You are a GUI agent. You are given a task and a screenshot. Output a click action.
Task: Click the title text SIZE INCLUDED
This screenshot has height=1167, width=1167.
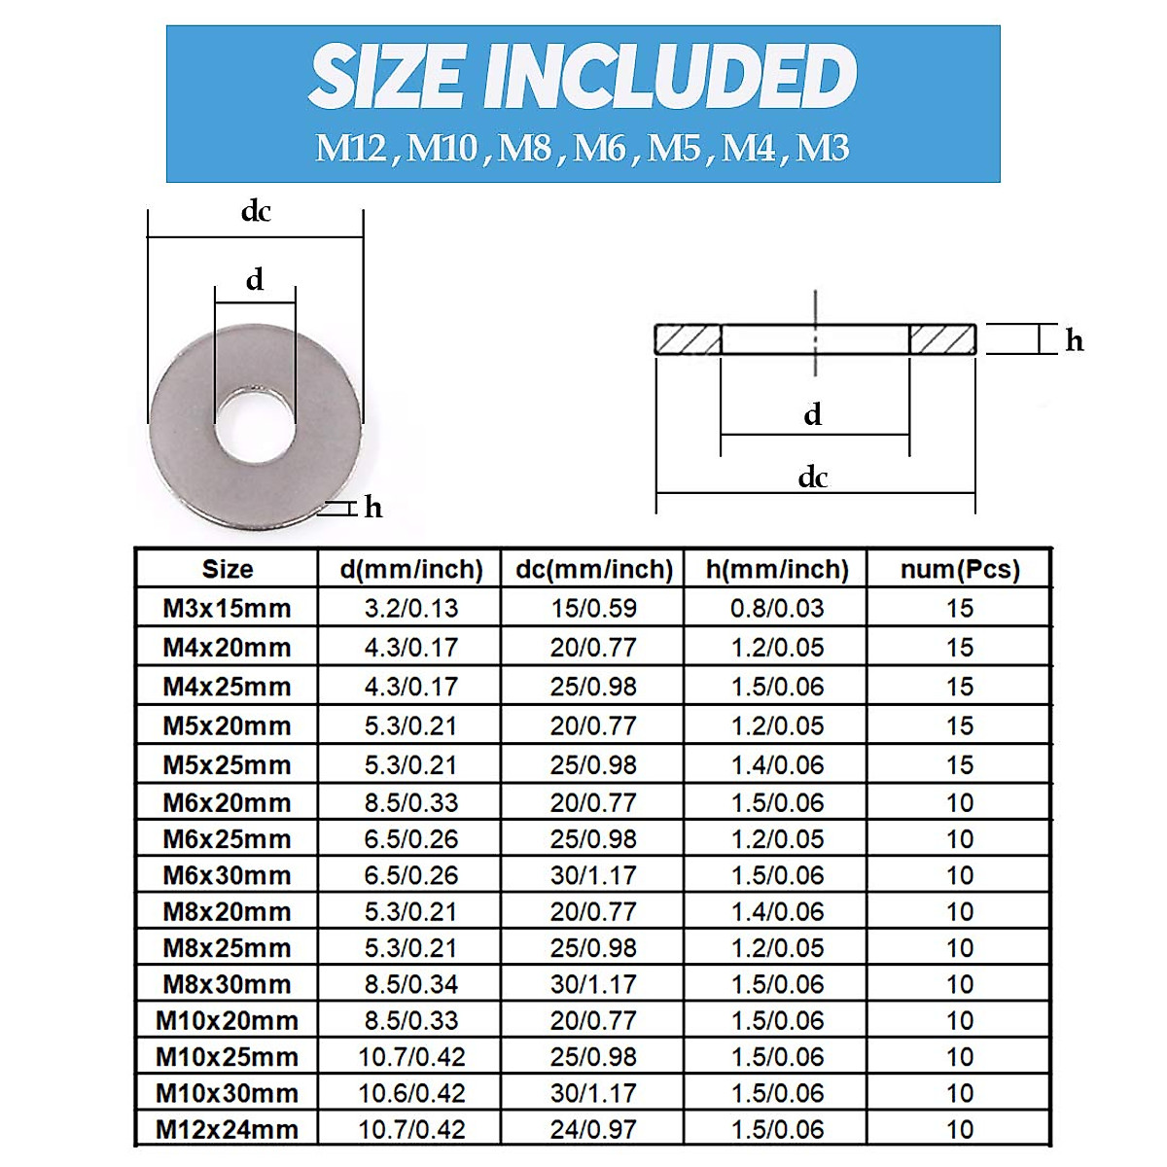pos(583,78)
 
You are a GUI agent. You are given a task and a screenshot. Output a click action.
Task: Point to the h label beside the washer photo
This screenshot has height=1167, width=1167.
pos(373,508)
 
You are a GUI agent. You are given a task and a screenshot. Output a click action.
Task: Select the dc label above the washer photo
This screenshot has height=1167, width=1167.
pos(256,211)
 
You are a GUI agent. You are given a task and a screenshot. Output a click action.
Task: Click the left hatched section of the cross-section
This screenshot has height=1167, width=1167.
pos(688,339)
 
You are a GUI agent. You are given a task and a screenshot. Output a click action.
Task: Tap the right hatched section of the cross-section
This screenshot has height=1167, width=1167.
pos(942,339)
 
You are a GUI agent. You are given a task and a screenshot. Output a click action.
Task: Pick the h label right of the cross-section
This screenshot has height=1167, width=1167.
pos(1074,340)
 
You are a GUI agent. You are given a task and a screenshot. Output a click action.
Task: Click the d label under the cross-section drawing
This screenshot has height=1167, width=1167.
pos(813,415)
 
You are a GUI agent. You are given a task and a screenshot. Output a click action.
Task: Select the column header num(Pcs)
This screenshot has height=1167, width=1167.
pos(960,569)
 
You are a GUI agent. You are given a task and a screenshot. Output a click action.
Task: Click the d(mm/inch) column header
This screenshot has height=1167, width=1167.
pos(411,569)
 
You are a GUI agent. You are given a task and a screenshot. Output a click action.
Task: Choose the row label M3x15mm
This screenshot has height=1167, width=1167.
pos(227,609)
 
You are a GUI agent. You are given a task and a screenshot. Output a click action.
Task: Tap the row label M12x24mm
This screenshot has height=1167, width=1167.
pos(227,1130)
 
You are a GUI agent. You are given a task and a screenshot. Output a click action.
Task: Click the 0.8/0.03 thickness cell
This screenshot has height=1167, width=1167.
pos(777,609)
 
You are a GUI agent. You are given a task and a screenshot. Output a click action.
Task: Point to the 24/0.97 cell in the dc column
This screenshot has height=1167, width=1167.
pos(593,1130)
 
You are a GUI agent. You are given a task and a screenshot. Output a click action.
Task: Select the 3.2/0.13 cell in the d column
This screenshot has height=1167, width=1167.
pos(411,609)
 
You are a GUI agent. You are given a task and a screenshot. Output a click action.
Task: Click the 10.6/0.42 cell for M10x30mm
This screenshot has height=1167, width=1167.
pos(411,1093)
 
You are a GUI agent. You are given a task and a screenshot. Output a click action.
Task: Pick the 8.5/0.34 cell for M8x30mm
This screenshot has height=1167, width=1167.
pos(411,984)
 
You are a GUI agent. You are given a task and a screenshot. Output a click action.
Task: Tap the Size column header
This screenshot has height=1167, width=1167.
pos(227,569)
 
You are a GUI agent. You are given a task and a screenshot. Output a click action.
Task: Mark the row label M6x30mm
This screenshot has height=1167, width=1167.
pos(227,875)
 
